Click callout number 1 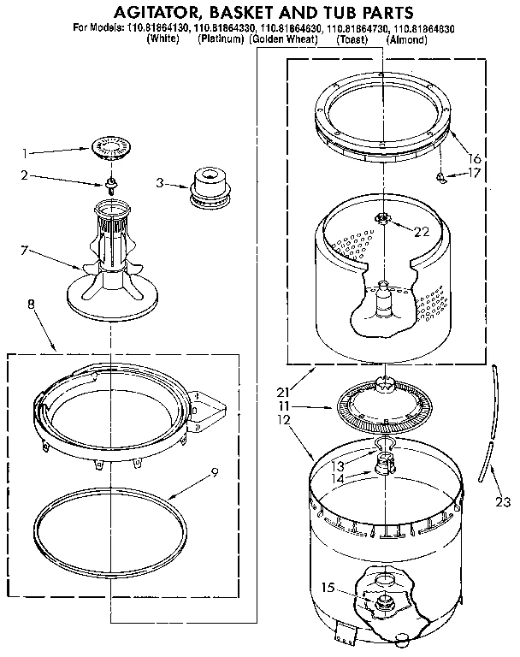pyautogui.click(x=27, y=155)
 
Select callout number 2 pyautogui.click(x=27, y=175)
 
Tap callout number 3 pyautogui.click(x=161, y=182)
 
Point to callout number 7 pyautogui.click(x=25, y=251)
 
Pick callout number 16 pyautogui.click(x=476, y=158)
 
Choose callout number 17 pyautogui.click(x=476, y=174)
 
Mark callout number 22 pyautogui.click(x=422, y=231)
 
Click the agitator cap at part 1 pyautogui.click(x=109, y=147)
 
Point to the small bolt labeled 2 pyautogui.click(x=111, y=183)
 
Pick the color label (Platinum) pyautogui.click(x=222, y=40)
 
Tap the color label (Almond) pyautogui.click(x=408, y=40)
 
